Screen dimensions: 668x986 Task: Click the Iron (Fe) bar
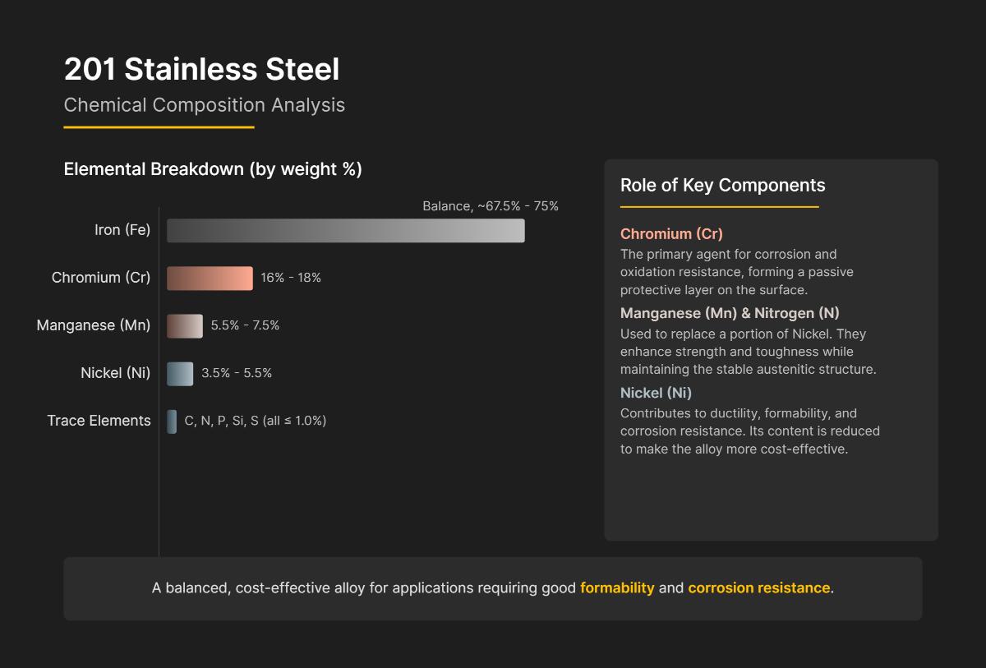(345, 231)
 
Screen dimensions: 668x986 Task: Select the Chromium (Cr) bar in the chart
(210, 279)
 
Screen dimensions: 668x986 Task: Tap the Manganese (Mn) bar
(185, 326)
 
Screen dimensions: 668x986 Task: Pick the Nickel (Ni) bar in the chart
(180, 374)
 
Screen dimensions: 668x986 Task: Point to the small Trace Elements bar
(172, 422)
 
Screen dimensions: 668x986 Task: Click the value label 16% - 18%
(291, 278)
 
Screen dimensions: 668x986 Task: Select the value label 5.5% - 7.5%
(245, 325)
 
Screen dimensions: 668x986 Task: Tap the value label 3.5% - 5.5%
(237, 373)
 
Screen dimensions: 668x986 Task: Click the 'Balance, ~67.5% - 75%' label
(490, 206)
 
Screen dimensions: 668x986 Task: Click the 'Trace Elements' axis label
(99, 421)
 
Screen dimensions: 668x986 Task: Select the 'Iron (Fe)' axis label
(122, 230)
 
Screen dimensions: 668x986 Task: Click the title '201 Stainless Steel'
(201, 70)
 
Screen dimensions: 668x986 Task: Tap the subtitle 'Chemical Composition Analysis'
(204, 105)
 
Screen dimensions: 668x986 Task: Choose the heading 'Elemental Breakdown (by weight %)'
(213, 169)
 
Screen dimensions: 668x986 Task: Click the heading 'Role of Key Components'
(722, 185)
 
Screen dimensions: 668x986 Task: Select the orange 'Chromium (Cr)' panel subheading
(671, 234)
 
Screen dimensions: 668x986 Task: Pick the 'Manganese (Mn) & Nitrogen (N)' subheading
(730, 313)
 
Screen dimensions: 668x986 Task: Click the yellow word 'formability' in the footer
(617, 588)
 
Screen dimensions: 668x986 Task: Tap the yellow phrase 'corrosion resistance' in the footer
(758, 588)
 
